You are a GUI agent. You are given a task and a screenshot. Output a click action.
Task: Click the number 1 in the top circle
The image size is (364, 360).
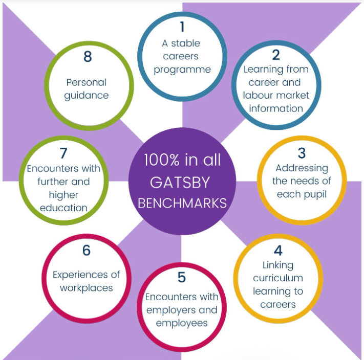pyautogui.click(x=182, y=27)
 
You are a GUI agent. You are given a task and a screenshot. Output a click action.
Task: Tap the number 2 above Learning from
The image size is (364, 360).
pyautogui.click(x=276, y=55)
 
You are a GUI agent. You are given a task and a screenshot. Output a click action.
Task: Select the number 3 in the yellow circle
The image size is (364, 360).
pyautogui.click(x=302, y=153)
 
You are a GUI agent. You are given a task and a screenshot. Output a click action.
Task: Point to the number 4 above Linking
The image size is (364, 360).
pyautogui.click(x=278, y=251)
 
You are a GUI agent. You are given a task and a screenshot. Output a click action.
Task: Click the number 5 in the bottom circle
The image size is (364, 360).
pyautogui.click(x=182, y=277)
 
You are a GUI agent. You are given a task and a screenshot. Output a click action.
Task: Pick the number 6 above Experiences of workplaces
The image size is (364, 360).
pyautogui.click(x=87, y=251)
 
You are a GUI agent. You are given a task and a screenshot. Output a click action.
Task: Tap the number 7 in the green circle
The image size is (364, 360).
pyautogui.click(x=63, y=153)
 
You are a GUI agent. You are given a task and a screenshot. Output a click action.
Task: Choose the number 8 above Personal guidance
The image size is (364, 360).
pyautogui.click(x=88, y=57)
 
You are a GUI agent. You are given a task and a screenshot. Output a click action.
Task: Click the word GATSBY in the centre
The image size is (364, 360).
pyautogui.click(x=180, y=183)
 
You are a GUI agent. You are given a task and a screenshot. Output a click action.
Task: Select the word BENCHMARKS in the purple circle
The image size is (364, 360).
pyautogui.click(x=182, y=203)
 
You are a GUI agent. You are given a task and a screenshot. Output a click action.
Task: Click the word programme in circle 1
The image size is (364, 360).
pyautogui.click(x=182, y=70)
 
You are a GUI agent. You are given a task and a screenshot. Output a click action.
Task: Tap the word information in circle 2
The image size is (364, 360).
pyautogui.click(x=276, y=108)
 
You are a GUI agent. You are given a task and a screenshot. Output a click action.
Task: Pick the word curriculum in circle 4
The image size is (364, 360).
pyautogui.click(x=278, y=278)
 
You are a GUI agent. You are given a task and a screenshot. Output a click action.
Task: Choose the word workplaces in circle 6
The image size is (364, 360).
pyautogui.click(x=87, y=288)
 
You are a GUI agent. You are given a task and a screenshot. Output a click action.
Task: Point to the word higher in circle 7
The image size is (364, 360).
pyautogui.click(x=63, y=195)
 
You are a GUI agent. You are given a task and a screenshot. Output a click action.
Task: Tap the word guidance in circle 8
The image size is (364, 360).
pyautogui.click(x=87, y=96)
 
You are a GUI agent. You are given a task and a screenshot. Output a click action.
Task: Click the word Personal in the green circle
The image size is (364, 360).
pyautogui.click(x=87, y=82)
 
